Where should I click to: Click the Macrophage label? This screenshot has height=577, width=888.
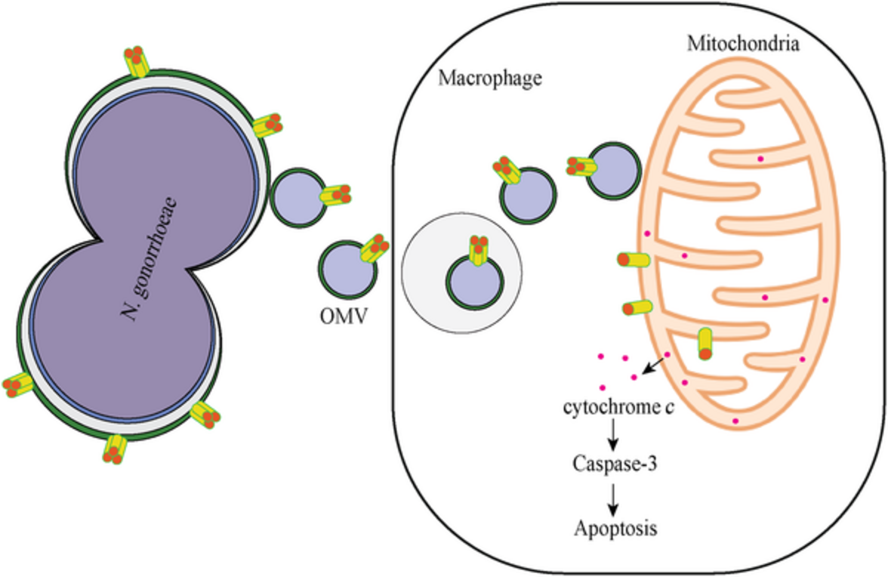(490, 78)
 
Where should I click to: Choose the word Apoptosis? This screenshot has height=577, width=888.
(614, 527)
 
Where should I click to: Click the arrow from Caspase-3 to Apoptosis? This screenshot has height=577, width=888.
(613, 496)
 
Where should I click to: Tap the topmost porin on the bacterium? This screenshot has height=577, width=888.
(136, 62)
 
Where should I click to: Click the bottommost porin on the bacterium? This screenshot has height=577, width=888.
(114, 449)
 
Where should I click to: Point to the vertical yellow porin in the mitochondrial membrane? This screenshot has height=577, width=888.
(705, 343)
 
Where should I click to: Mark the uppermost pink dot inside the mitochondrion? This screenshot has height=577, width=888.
(760, 159)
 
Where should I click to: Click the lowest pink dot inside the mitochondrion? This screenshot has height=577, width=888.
(735, 421)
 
